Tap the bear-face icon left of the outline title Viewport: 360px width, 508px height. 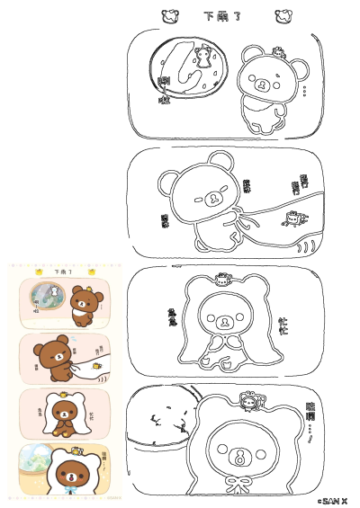tap(168, 15)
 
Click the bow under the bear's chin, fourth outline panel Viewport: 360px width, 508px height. tap(239, 486)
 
